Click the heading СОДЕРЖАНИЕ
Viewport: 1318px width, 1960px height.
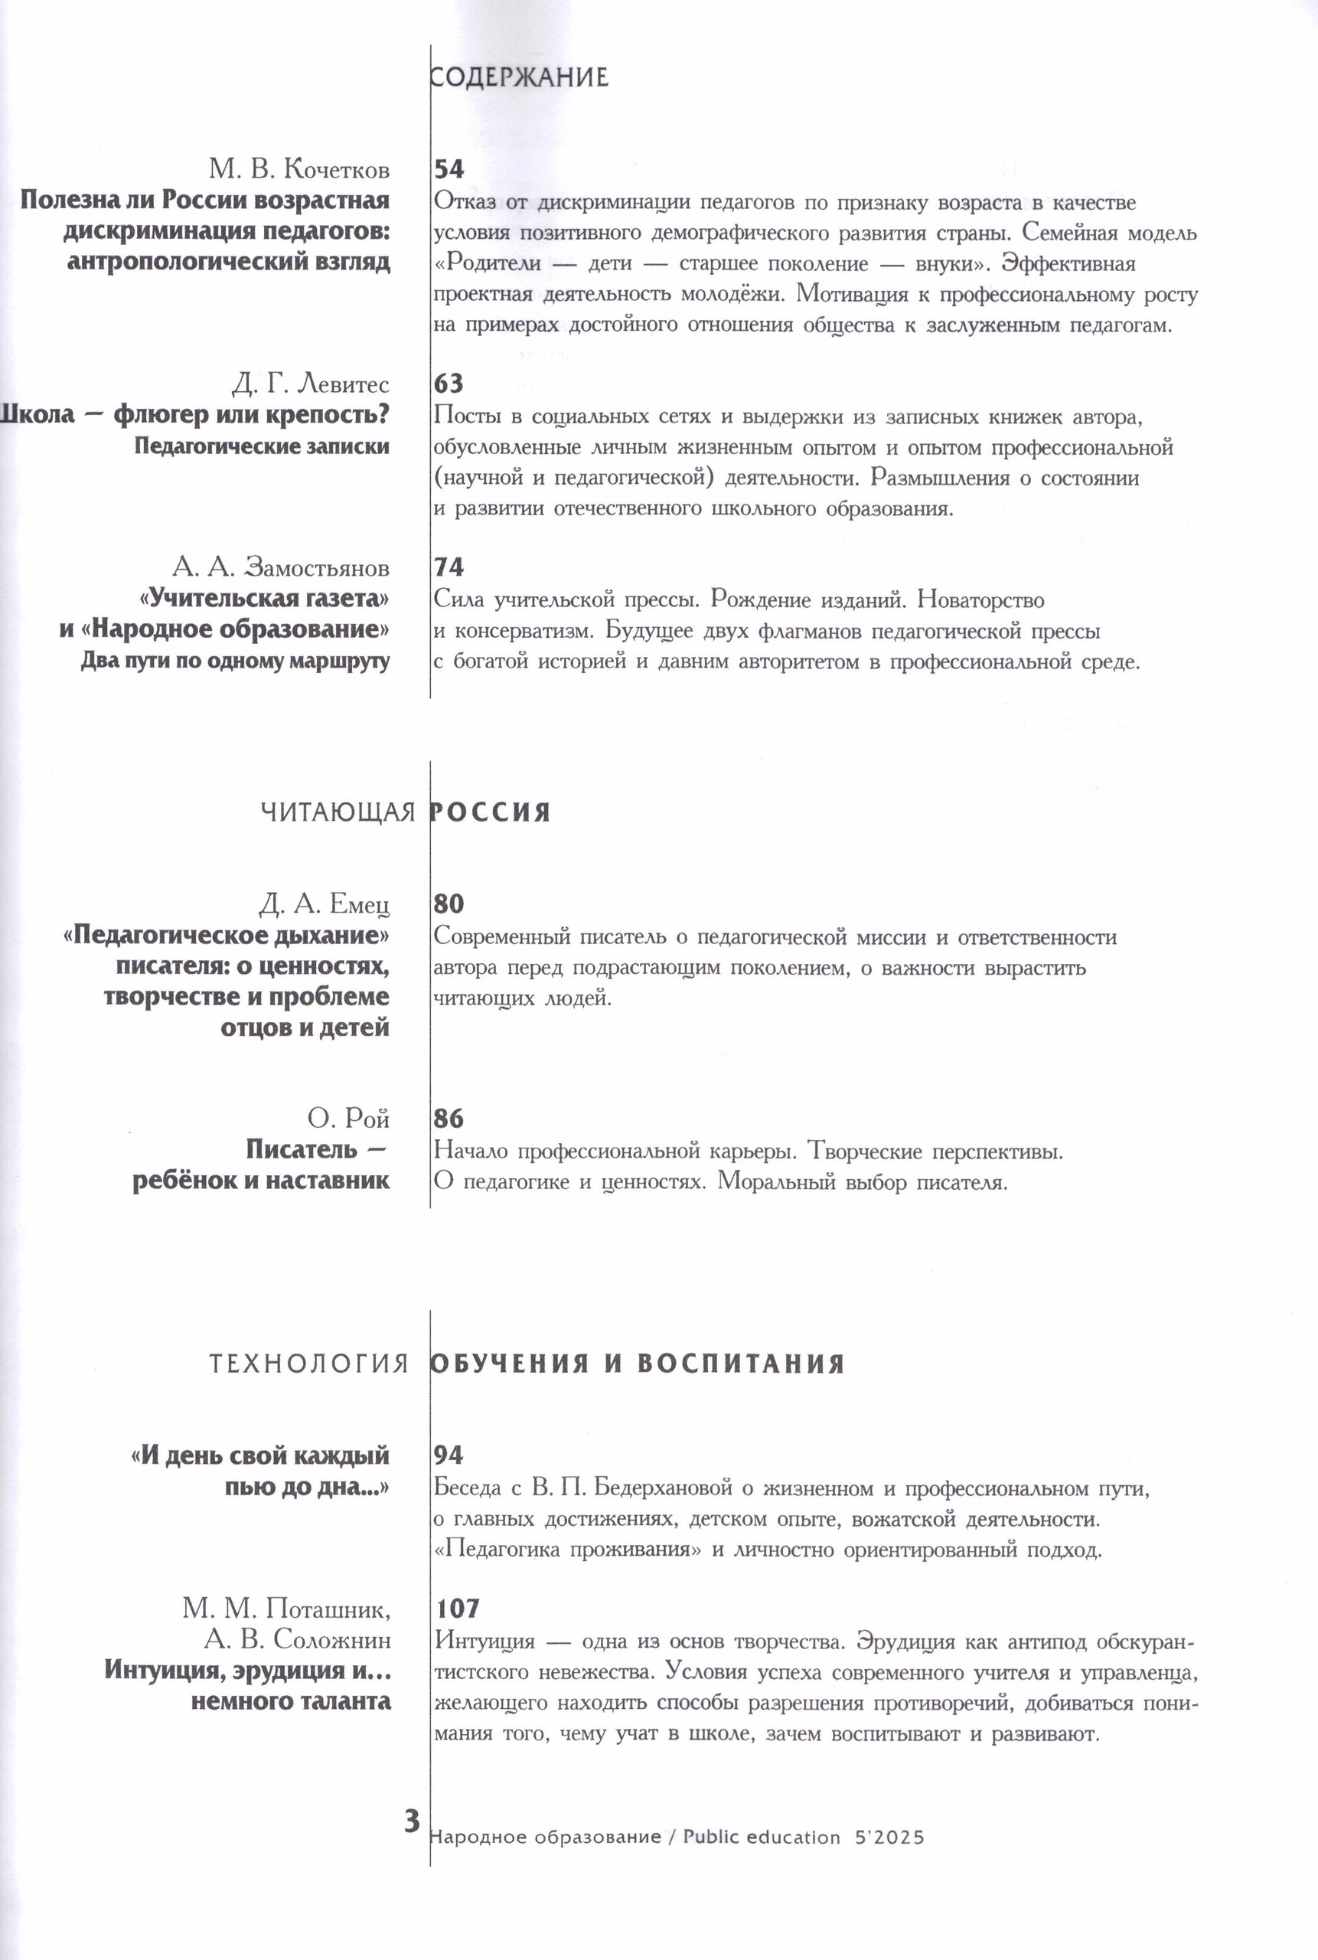coord(519,77)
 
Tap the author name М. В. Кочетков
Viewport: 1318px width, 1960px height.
coord(299,169)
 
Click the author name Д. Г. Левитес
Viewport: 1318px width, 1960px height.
coord(310,384)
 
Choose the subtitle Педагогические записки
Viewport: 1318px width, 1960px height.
coord(262,446)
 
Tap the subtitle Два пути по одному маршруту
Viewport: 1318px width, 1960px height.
coord(236,661)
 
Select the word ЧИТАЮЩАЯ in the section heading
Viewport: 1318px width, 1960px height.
coord(338,812)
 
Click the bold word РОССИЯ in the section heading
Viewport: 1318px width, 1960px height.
coord(490,812)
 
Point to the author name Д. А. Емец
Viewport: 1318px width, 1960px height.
coord(325,905)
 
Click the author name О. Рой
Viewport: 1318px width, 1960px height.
coord(348,1119)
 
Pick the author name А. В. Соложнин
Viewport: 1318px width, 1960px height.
coord(298,1640)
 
